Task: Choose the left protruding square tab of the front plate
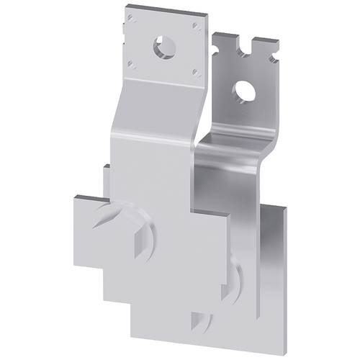[90, 230]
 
